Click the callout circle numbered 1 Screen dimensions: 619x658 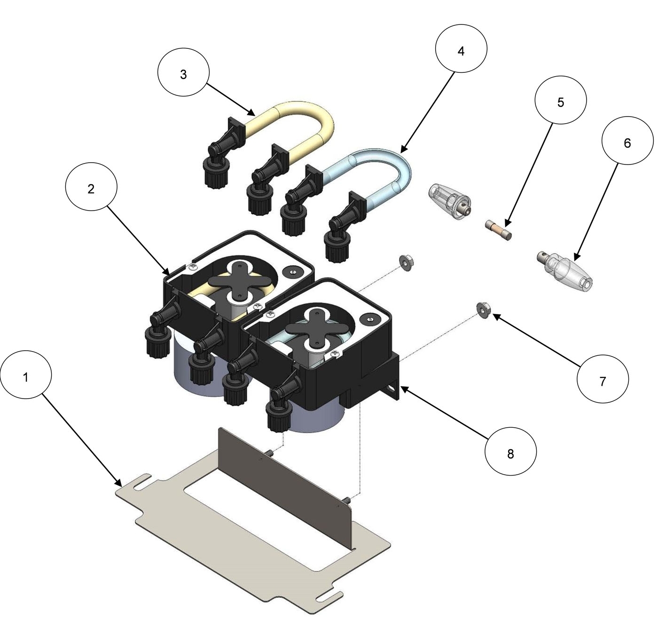(x=26, y=377)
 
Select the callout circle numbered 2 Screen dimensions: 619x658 (x=91, y=188)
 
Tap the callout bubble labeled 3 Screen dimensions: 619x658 (x=183, y=74)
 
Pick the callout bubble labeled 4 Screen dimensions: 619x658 (x=461, y=51)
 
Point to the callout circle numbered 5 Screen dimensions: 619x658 (x=561, y=102)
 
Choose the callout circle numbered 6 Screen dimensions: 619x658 (x=627, y=143)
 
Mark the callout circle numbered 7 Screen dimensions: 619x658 (x=603, y=381)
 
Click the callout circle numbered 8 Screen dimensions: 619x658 (x=510, y=454)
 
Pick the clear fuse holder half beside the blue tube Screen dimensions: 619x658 (x=449, y=198)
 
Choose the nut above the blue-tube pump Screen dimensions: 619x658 (x=404, y=261)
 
